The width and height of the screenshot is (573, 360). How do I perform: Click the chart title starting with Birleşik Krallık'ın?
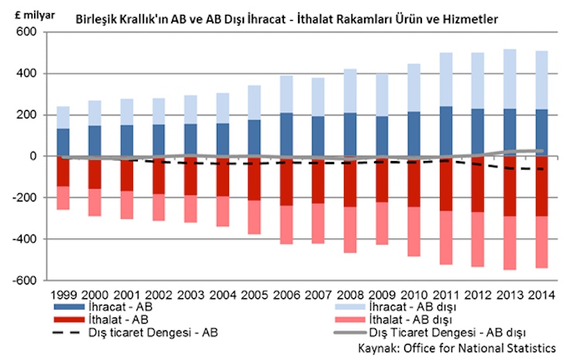[x=286, y=17]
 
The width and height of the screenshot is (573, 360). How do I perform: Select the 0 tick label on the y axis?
[x=34, y=156]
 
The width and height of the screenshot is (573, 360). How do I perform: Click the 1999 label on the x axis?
[x=63, y=295]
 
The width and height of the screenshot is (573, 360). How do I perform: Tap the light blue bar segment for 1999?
[x=63, y=118]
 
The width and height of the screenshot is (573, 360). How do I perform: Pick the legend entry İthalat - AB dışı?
[x=395, y=321]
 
